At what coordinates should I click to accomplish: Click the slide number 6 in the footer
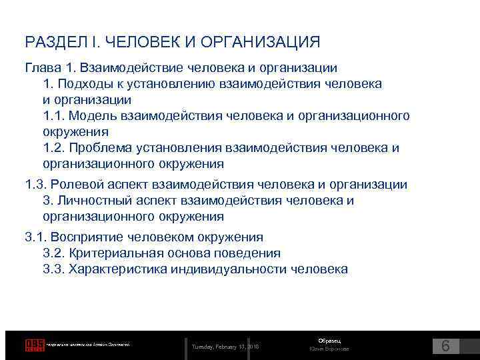click(446, 345)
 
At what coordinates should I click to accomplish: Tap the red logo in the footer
click(35, 345)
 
